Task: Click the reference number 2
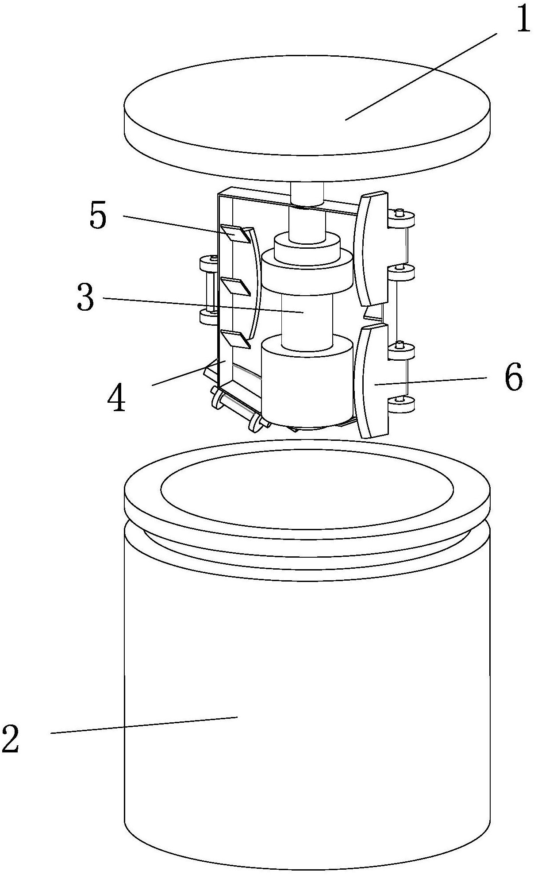11,739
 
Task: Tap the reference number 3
85,297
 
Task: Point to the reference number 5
98,216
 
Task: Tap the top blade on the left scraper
236,233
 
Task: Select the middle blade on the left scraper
236,286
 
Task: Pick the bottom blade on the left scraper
236,339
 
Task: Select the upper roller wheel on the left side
209,264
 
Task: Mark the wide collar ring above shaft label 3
308,272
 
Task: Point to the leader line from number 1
421,76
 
